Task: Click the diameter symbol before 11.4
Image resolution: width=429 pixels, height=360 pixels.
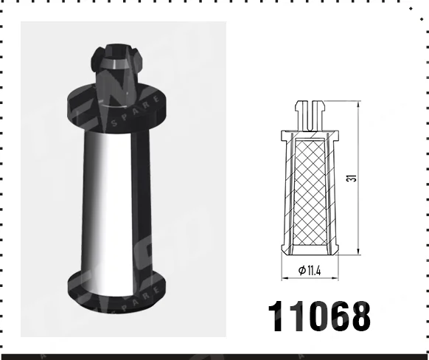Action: (x=302, y=271)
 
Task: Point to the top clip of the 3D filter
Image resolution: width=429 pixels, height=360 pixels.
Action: (x=118, y=63)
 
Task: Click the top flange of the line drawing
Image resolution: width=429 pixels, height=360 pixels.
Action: (x=308, y=135)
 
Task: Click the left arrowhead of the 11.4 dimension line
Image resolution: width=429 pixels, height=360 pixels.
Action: (x=285, y=278)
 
